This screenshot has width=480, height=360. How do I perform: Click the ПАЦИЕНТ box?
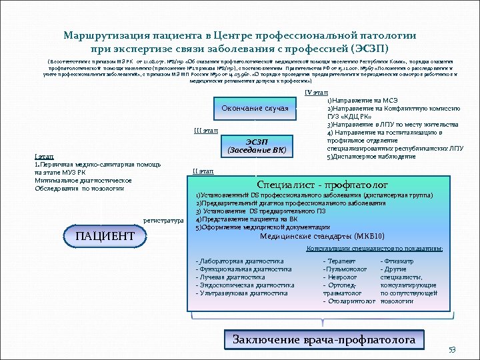105,237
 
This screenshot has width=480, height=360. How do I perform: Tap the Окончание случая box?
255,108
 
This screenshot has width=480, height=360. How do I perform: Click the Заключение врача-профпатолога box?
324,340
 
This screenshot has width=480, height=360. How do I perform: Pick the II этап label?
203,171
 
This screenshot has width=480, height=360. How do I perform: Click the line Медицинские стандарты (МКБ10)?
321,236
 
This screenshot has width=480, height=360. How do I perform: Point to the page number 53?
451,351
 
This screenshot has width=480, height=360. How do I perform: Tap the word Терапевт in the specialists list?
339,261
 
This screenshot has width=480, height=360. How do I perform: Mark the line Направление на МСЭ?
363,100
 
